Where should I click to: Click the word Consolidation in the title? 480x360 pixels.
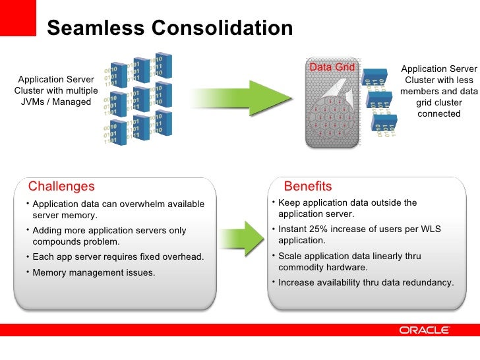coord(222,28)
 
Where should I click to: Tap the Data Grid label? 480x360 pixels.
coord(332,67)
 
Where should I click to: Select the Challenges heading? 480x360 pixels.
coord(61,187)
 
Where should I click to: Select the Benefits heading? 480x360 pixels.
coord(308,187)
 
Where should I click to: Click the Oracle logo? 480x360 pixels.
coord(424,330)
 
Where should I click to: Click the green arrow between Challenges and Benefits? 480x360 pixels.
coord(245,238)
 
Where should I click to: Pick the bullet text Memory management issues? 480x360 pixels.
coord(94,272)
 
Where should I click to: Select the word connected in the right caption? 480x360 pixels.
coord(439,113)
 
